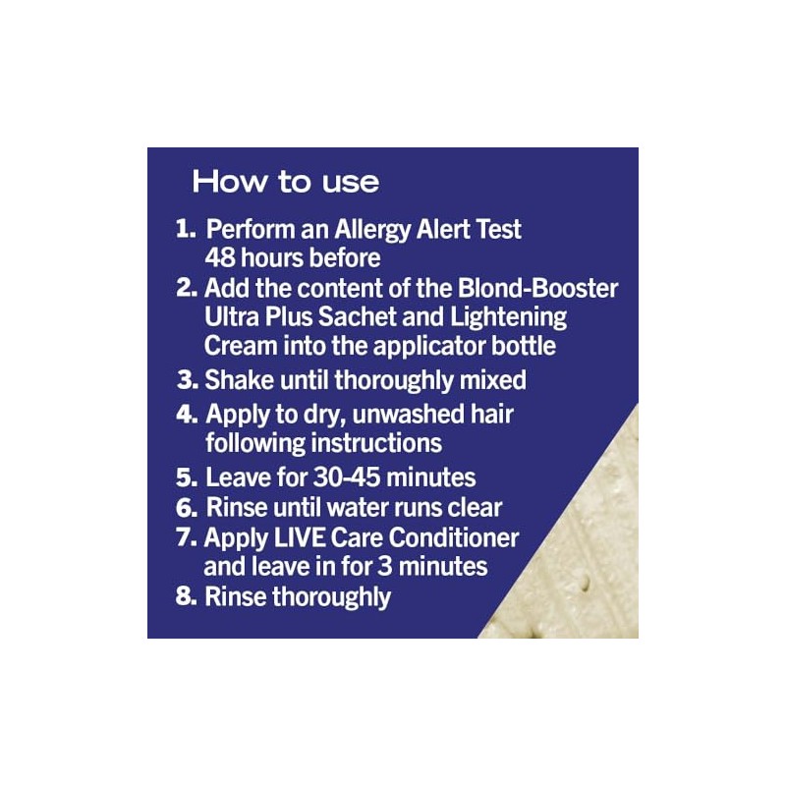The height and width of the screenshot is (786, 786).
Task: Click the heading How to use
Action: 286,182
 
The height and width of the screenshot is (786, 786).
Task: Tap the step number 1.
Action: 186,229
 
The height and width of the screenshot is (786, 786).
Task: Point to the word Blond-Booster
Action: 537,288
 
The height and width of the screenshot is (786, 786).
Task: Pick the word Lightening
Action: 508,318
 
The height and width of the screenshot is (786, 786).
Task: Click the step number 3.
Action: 188,380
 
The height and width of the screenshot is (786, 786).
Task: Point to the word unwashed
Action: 405,414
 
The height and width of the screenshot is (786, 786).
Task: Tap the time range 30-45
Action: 347,477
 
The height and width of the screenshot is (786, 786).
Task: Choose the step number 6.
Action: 187,508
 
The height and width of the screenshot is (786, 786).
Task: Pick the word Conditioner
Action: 454,537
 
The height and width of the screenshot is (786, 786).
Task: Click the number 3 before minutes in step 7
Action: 385,567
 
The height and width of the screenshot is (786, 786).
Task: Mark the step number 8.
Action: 186,596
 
